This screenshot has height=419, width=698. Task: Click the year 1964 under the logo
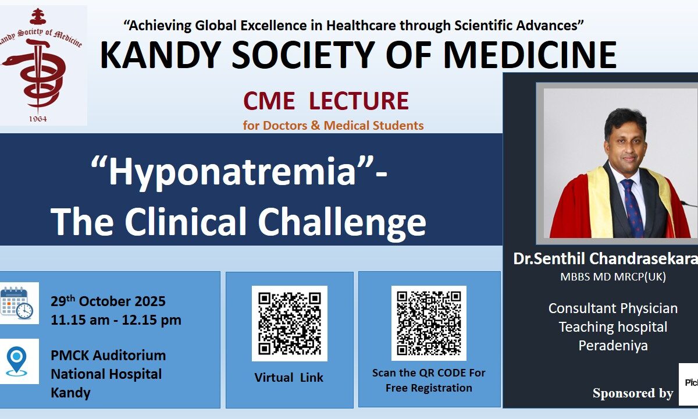[x=38, y=119]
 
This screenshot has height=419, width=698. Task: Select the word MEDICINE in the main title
[x=530, y=55]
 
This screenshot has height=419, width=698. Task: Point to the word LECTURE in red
[x=359, y=101]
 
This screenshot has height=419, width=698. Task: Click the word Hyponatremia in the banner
[x=232, y=172]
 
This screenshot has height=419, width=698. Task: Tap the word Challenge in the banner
[x=342, y=221]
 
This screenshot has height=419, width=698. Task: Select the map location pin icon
[x=16, y=361]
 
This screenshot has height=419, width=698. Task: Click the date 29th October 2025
[x=108, y=301]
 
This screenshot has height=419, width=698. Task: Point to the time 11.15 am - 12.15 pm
[x=116, y=320]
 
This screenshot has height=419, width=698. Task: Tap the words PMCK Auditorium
[x=108, y=356]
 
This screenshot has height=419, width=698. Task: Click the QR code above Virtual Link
[x=290, y=324]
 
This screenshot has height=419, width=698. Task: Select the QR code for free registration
[x=429, y=323]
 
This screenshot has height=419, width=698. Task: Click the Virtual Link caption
[x=289, y=378]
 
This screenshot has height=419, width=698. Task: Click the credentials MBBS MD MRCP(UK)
[x=613, y=277]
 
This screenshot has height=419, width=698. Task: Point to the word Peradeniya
[x=613, y=346]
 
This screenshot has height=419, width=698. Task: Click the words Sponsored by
[x=633, y=393]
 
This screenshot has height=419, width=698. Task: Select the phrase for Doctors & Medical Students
[x=333, y=125]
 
